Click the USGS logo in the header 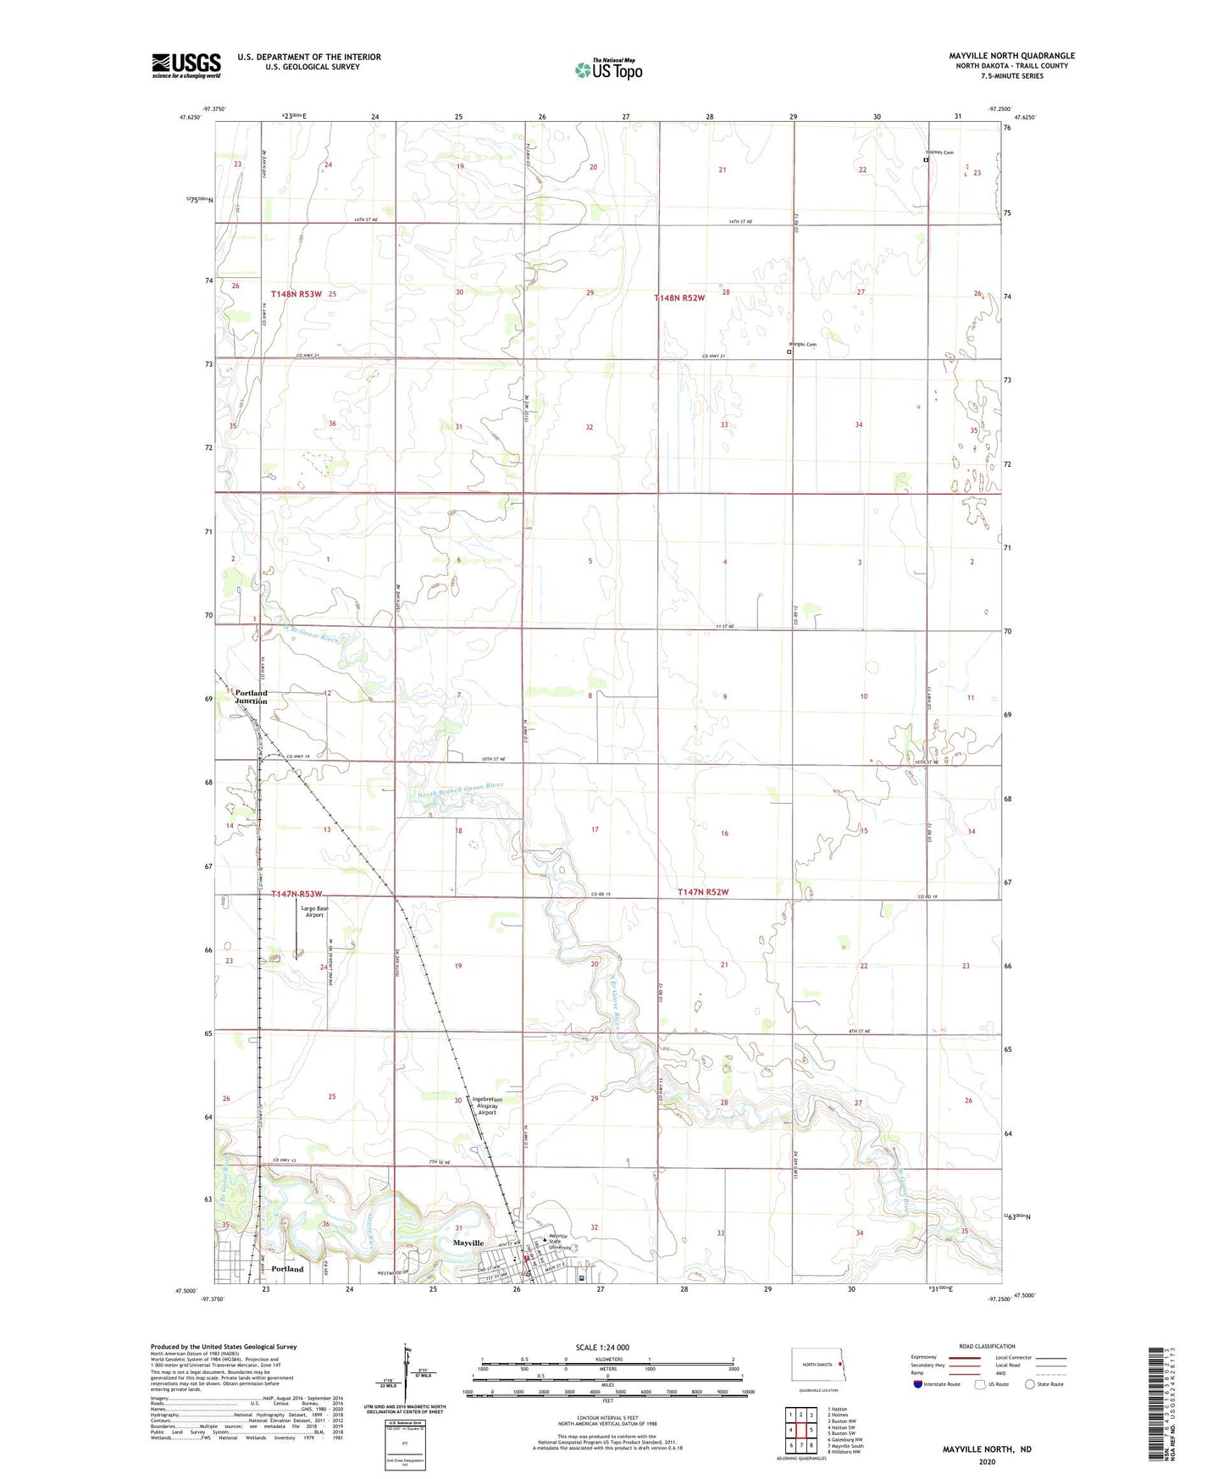pyautogui.click(x=186, y=65)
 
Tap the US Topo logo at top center pyautogui.click(x=608, y=69)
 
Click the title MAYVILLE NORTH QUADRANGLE pyautogui.click(x=1011, y=56)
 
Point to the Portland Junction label pyautogui.click(x=251, y=697)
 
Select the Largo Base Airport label pyautogui.click(x=314, y=911)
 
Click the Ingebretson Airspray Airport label pyautogui.click(x=486, y=1105)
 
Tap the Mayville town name pyautogui.click(x=468, y=1243)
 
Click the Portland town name pyautogui.click(x=287, y=1269)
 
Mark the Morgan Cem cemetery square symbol pyautogui.click(x=789, y=352)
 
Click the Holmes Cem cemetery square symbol pyautogui.click(x=925, y=159)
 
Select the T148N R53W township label pyautogui.click(x=296, y=294)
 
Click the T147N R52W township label pyautogui.click(x=703, y=892)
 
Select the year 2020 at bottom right pyautogui.click(x=987, y=1461)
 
